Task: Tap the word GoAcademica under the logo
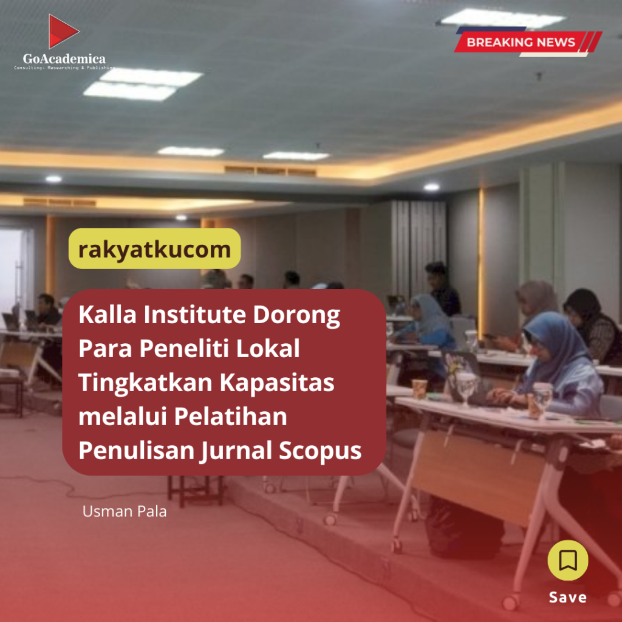pyautogui.click(x=64, y=59)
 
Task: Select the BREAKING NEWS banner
pyautogui.click(x=528, y=42)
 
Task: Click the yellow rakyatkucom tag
pyautogui.click(x=154, y=248)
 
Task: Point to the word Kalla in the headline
pyautogui.click(x=108, y=315)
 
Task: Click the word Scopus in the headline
pyautogui.click(x=320, y=451)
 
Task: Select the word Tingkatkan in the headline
pyautogui.click(x=146, y=383)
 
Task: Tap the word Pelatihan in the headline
pyautogui.click(x=230, y=417)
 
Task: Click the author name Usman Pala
pyautogui.click(x=125, y=511)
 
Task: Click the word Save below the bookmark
pyautogui.click(x=568, y=597)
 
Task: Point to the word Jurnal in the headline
pyautogui.click(x=236, y=451)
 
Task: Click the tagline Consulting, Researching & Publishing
pyautogui.click(x=64, y=68)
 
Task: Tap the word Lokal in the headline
pyautogui.click(x=268, y=349)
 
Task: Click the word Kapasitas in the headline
pyautogui.click(x=277, y=383)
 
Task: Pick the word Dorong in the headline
pyautogui.click(x=296, y=316)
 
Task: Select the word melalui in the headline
pyautogui.click(x=123, y=417)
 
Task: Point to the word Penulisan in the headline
pyautogui.click(x=136, y=451)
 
